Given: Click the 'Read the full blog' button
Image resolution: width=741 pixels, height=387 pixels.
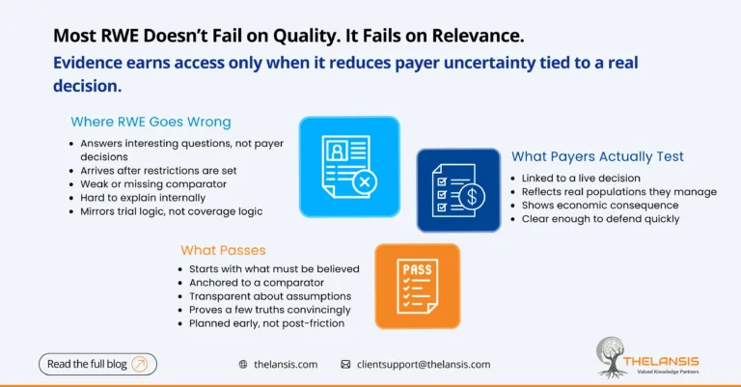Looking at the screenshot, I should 97,364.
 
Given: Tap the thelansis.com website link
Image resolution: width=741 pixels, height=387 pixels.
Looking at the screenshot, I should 286,365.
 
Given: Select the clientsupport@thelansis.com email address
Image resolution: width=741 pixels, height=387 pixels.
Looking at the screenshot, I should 423,365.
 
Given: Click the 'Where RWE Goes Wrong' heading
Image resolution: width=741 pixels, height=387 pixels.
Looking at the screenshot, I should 151,122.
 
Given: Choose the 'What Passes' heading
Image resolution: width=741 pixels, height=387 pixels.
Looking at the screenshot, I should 223,250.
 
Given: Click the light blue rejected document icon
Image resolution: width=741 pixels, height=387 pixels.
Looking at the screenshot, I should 348,166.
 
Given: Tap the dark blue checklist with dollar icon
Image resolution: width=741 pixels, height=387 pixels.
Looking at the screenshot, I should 458,190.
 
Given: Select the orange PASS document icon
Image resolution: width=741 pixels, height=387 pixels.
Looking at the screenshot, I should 417,286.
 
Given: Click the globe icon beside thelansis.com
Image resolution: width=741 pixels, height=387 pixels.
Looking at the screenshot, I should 243,365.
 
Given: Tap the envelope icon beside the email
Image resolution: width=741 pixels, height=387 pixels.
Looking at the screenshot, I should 345,365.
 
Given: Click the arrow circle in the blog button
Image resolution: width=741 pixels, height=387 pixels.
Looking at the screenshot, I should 139,364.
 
